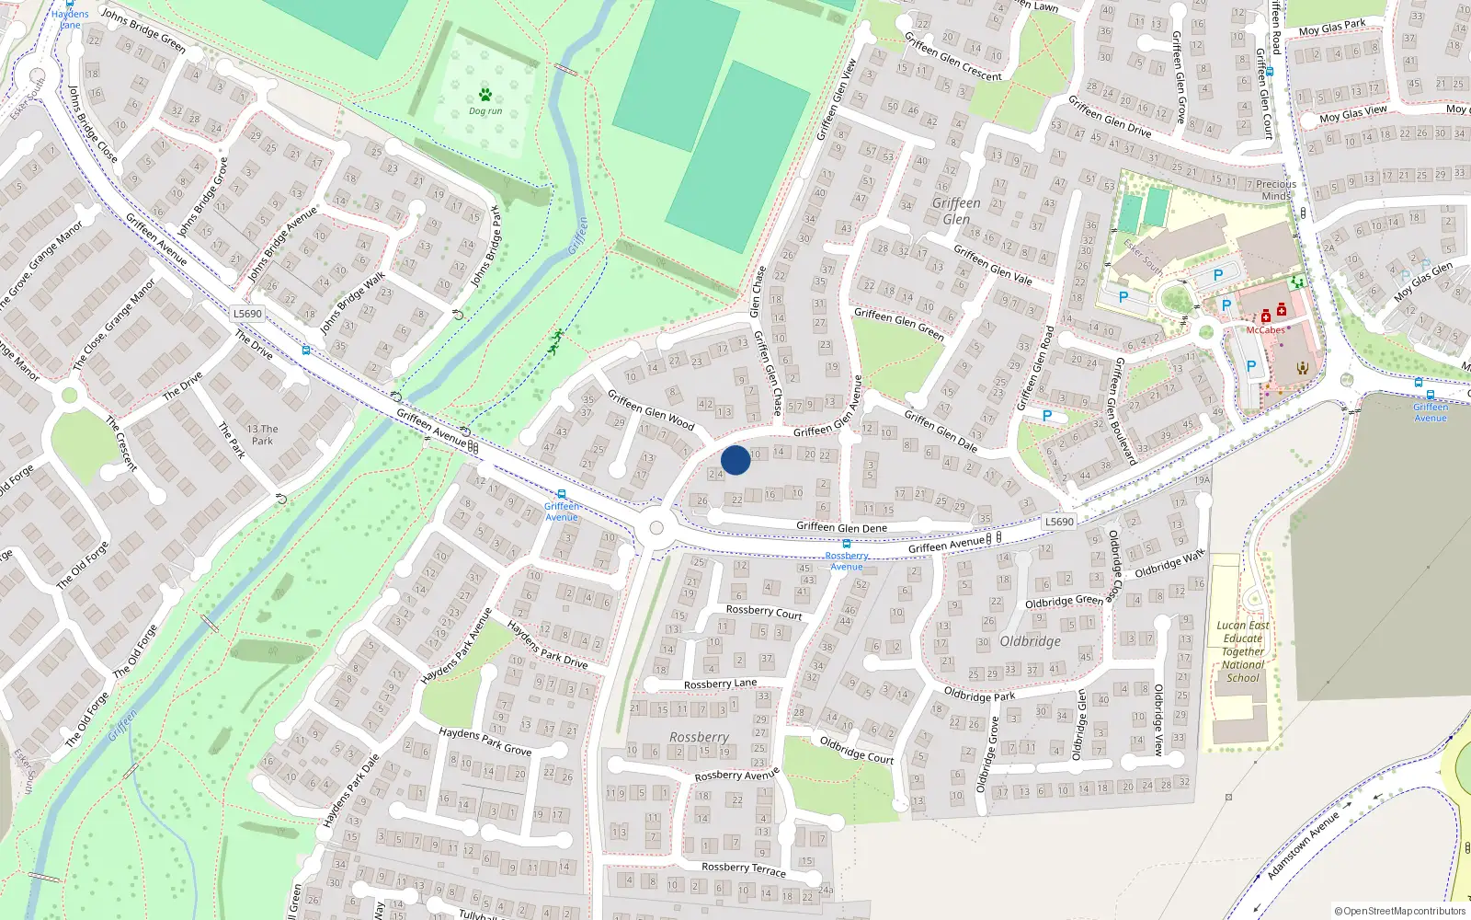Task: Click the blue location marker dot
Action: (735, 460)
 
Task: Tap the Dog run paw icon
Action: (485, 95)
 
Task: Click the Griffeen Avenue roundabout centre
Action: (656, 528)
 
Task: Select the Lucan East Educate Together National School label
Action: (1243, 651)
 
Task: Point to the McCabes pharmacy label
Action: (1266, 330)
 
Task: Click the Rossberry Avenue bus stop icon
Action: (847, 544)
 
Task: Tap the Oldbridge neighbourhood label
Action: (1030, 641)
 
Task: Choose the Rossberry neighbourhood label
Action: (699, 737)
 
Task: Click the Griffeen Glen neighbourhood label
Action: (956, 211)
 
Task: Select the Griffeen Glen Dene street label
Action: (841, 527)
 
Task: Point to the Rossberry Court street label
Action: (764, 612)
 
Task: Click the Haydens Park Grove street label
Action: (485, 741)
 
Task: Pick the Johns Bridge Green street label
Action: (143, 30)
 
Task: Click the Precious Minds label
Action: (1276, 190)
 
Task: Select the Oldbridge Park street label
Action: (980, 695)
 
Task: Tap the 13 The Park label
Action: (263, 434)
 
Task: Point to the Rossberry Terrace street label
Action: (744, 868)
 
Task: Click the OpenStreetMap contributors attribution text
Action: (1400, 911)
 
